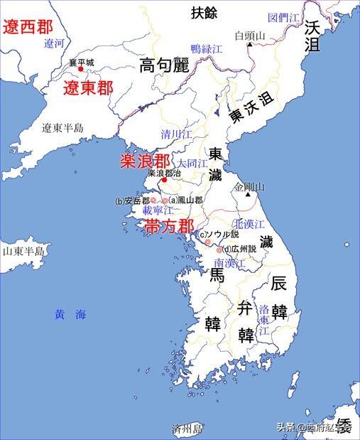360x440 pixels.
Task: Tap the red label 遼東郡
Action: tap(88, 89)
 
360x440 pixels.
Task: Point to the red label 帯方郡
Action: tap(169, 227)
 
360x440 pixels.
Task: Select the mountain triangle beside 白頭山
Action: tap(250, 44)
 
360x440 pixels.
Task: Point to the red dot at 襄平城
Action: tap(80, 69)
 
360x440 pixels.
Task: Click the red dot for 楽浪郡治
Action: tap(164, 181)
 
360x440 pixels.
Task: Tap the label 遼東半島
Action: tap(62, 128)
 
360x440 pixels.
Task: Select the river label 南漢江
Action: tap(230, 263)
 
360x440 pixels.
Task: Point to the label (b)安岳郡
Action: tap(133, 201)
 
